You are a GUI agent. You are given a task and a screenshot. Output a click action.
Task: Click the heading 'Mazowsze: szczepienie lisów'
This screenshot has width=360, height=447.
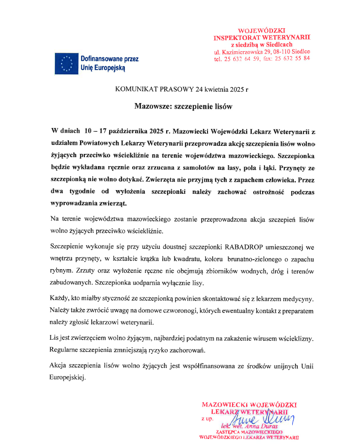pyautogui.click(x=184, y=106)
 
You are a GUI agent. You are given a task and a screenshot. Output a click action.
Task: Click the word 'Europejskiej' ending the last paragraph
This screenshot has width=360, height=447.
pyautogui.click(x=67, y=377)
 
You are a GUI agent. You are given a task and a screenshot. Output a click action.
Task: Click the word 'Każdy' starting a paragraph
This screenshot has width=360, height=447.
pyautogui.click(x=59, y=299)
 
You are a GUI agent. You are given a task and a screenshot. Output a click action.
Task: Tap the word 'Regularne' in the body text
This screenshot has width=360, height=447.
pyautogui.click(x=65, y=350)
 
